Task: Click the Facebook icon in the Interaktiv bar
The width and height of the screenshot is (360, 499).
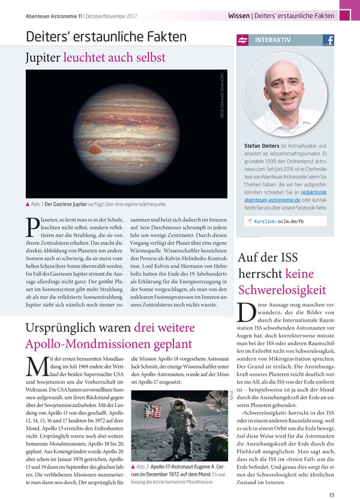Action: tap(328, 41)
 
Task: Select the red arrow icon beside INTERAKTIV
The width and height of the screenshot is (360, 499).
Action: tap(244, 41)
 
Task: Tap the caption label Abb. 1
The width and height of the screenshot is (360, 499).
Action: tap(42, 204)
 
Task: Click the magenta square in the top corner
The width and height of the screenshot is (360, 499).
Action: tap(349, 7)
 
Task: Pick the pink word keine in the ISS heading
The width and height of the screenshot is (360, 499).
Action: tap(302, 274)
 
